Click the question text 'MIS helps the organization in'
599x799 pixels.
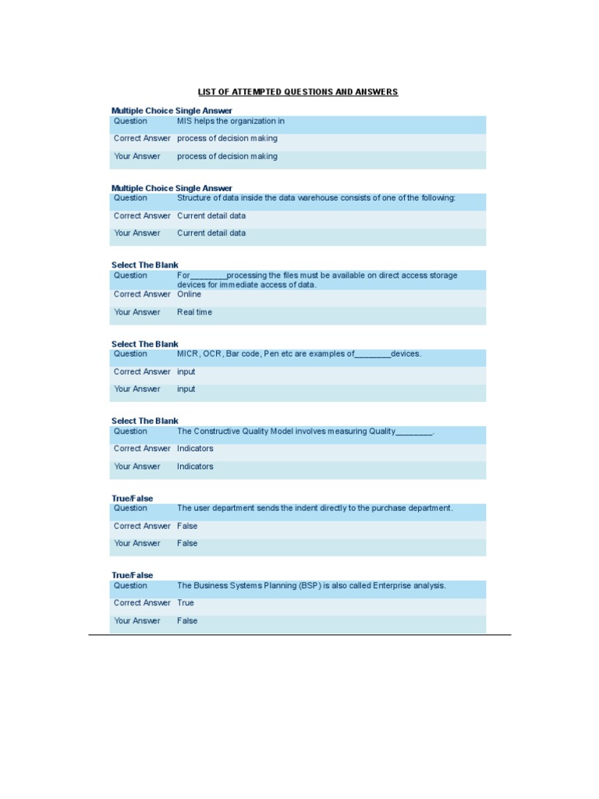[230, 121]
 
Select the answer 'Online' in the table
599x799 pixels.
[189, 294]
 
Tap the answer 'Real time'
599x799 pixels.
[194, 312]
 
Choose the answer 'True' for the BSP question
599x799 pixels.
[186, 602]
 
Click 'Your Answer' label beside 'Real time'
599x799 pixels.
[137, 312]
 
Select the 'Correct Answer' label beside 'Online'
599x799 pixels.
[142, 294]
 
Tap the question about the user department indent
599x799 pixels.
[314, 508]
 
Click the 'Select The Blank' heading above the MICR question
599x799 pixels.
[144, 344]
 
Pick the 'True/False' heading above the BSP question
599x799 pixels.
[132, 575]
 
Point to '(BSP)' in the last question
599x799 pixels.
[309, 585]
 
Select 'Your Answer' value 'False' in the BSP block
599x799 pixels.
[187, 620]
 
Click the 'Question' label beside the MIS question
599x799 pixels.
[130, 121]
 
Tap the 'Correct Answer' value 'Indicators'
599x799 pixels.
[195, 449]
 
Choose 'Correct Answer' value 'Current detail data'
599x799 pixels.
[211, 215]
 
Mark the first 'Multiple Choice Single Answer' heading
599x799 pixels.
[172, 111]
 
